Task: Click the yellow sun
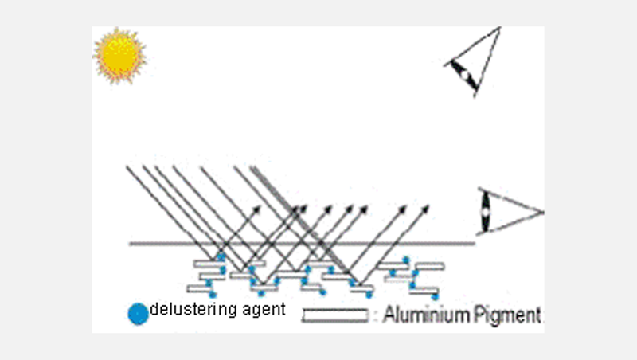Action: point(119,55)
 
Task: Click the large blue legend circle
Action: point(138,314)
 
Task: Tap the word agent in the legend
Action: point(263,310)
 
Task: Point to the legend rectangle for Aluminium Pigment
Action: point(335,316)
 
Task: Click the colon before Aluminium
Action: point(376,316)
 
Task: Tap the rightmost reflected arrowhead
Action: point(426,208)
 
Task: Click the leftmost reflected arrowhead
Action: point(259,208)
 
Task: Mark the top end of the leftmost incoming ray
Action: point(127,166)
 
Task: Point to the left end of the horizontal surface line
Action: point(131,243)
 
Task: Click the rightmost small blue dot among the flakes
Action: point(414,295)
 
